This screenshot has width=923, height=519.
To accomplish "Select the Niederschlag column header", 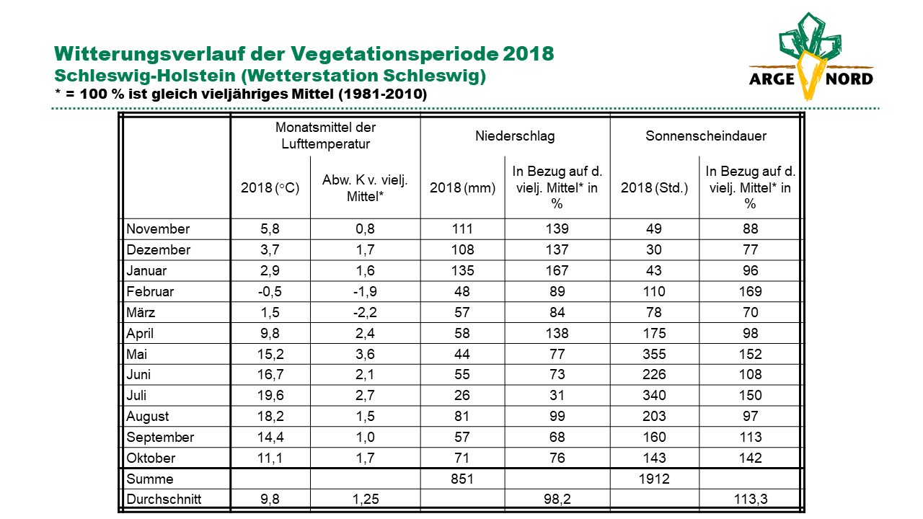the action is [x=515, y=136].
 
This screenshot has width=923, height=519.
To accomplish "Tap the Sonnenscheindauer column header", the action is [x=706, y=136].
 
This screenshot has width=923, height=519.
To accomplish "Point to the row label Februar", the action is [x=150, y=292].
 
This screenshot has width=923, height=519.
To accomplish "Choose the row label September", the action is [x=160, y=437].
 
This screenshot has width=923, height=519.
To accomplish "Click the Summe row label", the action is [x=149, y=479].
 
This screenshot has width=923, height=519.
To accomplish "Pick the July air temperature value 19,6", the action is [x=270, y=396].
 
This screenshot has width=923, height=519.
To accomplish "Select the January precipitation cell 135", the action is [x=462, y=270].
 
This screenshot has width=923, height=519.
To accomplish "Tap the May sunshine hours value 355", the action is [x=654, y=354].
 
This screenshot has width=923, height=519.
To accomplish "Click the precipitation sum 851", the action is [x=462, y=479].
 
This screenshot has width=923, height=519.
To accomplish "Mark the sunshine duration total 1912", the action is [x=654, y=479].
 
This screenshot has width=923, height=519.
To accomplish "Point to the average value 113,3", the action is [x=751, y=500].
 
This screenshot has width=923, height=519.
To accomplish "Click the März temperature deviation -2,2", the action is [x=365, y=313].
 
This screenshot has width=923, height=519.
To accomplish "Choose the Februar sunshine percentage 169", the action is [x=751, y=292].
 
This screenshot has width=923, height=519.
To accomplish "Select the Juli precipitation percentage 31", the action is [x=557, y=396].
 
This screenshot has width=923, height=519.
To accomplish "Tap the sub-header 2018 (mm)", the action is [x=462, y=188].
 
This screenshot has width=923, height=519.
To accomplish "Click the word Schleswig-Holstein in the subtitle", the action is [x=145, y=76].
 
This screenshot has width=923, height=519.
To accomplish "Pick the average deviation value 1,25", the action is [x=365, y=500].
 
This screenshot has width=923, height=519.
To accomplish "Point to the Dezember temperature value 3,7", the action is [x=270, y=249].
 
